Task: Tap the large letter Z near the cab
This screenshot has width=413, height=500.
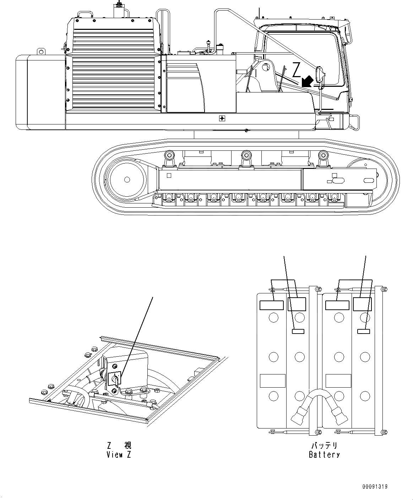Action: pos(297,69)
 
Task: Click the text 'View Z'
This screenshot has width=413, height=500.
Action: pos(119,454)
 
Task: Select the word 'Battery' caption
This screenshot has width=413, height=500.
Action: pos(324,454)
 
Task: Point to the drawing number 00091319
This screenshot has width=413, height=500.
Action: pos(375,486)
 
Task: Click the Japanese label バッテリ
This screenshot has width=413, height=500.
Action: pos(324,446)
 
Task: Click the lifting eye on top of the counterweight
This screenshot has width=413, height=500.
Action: pos(42,52)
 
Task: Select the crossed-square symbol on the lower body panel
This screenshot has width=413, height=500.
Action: pos(222,118)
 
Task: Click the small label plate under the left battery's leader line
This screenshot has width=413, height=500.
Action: pos(298,331)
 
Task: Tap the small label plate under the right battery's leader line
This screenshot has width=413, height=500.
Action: pos(363,331)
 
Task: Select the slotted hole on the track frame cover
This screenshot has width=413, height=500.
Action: pos(338,180)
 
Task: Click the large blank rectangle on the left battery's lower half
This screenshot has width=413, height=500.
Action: pos(273,381)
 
